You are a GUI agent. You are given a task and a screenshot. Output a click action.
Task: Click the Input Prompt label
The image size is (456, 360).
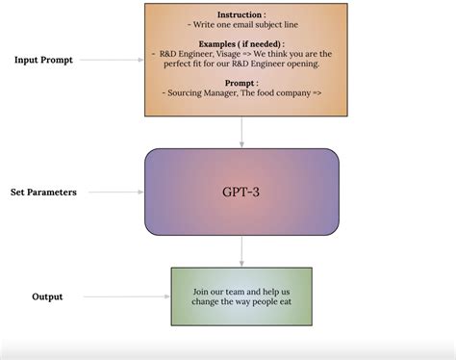pos(43,60)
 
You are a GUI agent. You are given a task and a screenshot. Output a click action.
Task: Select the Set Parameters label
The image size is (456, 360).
pos(43,192)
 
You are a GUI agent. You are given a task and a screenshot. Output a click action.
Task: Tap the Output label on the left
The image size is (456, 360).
pos(47,296)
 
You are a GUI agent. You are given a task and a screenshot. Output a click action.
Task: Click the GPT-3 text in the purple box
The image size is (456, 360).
pos(241,192)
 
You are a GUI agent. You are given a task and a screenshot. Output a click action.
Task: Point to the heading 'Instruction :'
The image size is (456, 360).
pos(241,15)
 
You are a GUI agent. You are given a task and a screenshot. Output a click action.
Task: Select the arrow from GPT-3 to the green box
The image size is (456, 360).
pos(241,250)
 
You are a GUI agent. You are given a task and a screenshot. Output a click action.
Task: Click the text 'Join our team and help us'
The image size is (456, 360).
pos(241,292)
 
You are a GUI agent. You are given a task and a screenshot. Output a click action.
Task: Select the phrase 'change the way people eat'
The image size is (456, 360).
pos(241,303)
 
